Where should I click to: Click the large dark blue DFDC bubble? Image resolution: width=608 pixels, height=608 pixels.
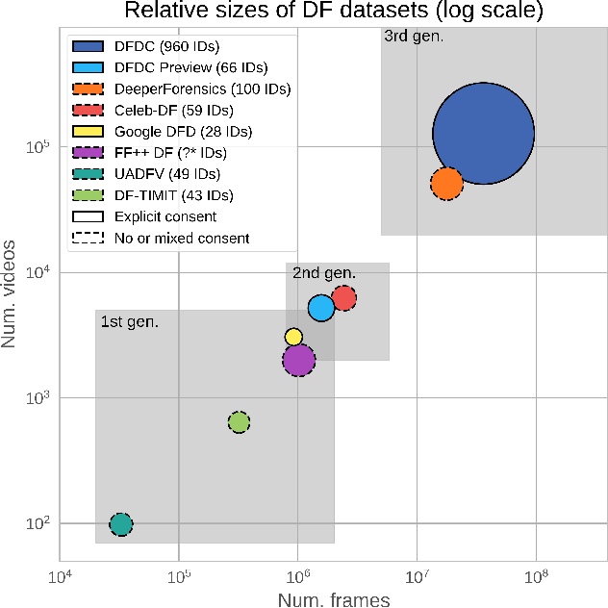click(483, 134)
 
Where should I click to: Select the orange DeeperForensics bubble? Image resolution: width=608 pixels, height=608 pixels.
click(446, 182)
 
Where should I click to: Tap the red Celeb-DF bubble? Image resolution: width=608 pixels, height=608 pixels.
click(344, 298)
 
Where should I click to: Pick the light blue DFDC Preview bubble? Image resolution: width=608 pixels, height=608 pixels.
click(320, 308)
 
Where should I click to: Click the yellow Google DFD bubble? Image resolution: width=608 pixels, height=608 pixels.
click(293, 337)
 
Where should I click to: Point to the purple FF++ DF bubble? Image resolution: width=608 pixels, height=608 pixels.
click(299, 360)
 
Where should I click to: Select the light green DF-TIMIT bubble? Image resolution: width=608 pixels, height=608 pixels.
click(239, 421)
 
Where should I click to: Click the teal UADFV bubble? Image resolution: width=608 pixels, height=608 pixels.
click(120, 523)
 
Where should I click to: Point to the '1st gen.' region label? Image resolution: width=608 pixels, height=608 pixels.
click(129, 321)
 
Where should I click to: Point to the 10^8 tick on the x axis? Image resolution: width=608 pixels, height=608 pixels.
click(535, 577)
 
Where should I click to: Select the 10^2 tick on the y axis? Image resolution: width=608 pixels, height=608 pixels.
click(38, 524)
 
